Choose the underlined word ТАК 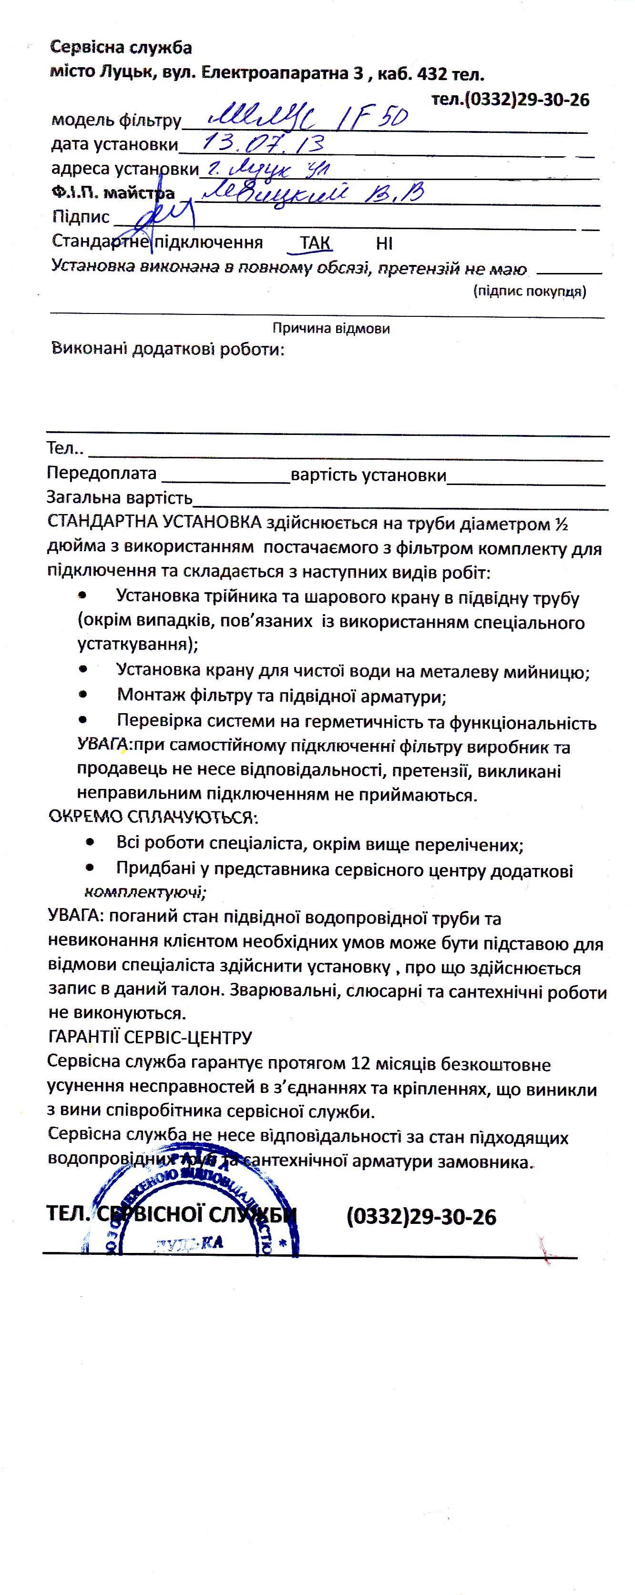[x=315, y=242]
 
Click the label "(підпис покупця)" [x=529, y=291]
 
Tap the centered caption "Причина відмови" [x=331, y=328]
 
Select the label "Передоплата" [x=102, y=474]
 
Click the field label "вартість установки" [x=369, y=475]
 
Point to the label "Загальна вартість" [x=120, y=498]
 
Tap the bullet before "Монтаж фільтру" [x=83, y=695]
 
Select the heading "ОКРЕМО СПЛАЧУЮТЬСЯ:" [x=153, y=817]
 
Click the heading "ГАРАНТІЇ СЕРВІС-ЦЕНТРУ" [x=149, y=1037]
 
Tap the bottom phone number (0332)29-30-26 [x=421, y=1217]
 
